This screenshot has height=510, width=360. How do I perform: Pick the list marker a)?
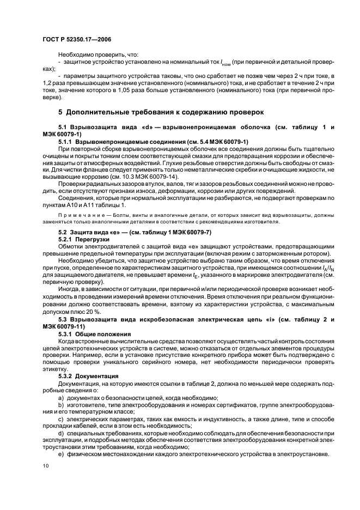(x=60, y=398)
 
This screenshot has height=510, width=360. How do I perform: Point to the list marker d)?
(x=60, y=432)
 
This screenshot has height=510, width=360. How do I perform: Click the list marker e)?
(x=60, y=453)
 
